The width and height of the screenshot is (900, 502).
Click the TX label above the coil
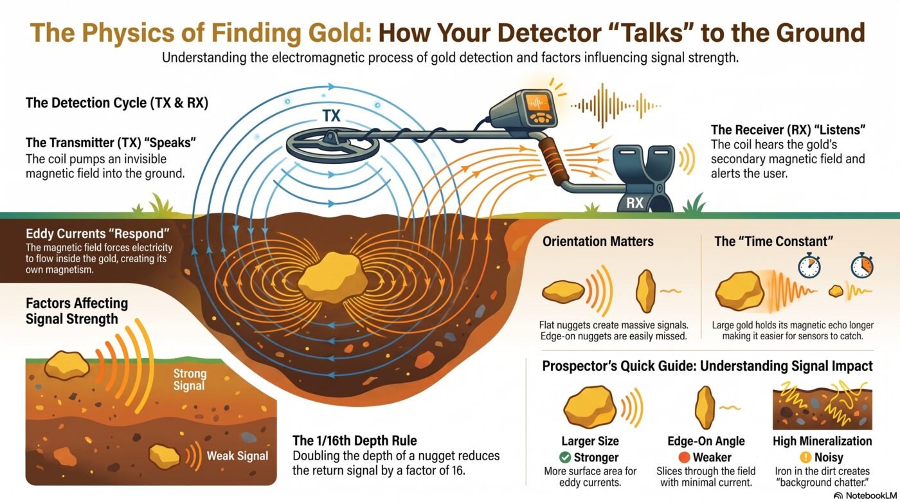[x=332, y=116]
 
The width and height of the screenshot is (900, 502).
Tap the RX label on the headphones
[x=635, y=203]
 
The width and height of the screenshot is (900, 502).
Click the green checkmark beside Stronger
[x=565, y=457]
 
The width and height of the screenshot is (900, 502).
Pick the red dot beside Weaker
[x=684, y=457]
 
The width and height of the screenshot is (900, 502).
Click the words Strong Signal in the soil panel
[x=190, y=379]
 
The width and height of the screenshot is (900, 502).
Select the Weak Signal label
[x=237, y=456]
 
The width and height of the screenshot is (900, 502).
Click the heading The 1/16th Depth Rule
[x=354, y=440]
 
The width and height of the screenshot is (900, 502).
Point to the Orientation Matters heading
[x=598, y=242]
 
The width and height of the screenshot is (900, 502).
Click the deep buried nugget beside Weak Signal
[x=165, y=456]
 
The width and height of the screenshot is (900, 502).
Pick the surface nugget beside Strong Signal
[x=67, y=366]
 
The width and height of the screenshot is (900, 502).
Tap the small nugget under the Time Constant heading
[x=836, y=291]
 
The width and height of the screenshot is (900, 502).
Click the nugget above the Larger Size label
[x=590, y=408]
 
